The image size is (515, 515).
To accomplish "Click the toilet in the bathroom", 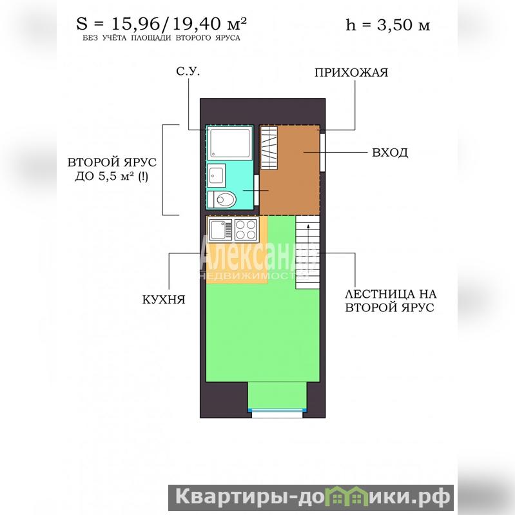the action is (x=222, y=199).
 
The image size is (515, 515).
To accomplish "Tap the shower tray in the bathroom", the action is (x=230, y=144).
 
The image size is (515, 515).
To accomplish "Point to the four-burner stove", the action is (x=246, y=229).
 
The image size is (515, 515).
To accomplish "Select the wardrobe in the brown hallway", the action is (x=269, y=148).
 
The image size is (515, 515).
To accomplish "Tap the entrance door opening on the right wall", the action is (x=322, y=152).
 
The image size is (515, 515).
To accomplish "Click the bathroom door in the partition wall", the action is (x=257, y=190).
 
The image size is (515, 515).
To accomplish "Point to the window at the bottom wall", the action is (x=277, y=413).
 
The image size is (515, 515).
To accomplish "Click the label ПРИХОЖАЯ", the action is (x=351, y=73).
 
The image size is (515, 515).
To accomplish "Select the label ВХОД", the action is (x=390, y=152).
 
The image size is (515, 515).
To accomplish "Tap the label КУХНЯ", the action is (x=164, y=300).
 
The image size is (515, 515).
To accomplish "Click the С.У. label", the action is (x=188, y=72).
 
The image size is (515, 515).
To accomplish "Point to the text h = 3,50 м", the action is (x=387, y=25).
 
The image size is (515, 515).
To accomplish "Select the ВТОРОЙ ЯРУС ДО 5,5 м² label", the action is (x=112, y=170).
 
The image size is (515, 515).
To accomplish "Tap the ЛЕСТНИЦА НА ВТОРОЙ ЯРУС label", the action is (x=391, y=300).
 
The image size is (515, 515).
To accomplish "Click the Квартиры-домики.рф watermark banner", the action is (x=311, y=498).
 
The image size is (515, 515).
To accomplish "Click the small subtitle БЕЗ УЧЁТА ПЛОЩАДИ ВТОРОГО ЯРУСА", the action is (x=161, y=38).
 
